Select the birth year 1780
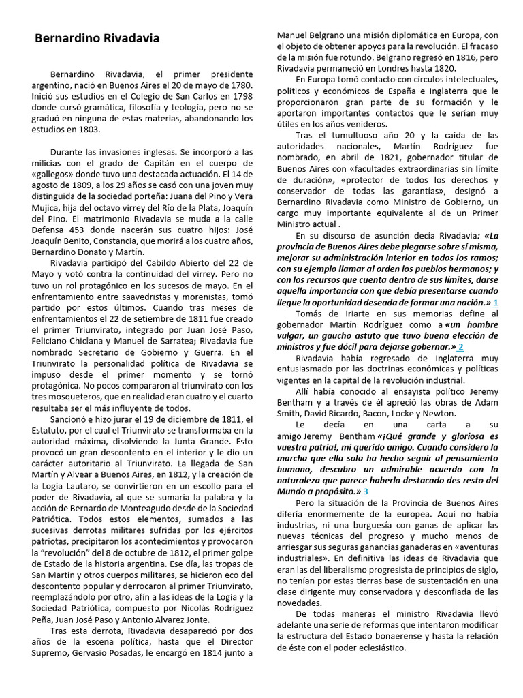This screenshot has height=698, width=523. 240,85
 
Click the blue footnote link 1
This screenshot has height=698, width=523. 496,302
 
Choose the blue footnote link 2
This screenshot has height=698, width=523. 461,348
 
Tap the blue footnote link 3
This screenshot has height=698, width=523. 366,491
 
